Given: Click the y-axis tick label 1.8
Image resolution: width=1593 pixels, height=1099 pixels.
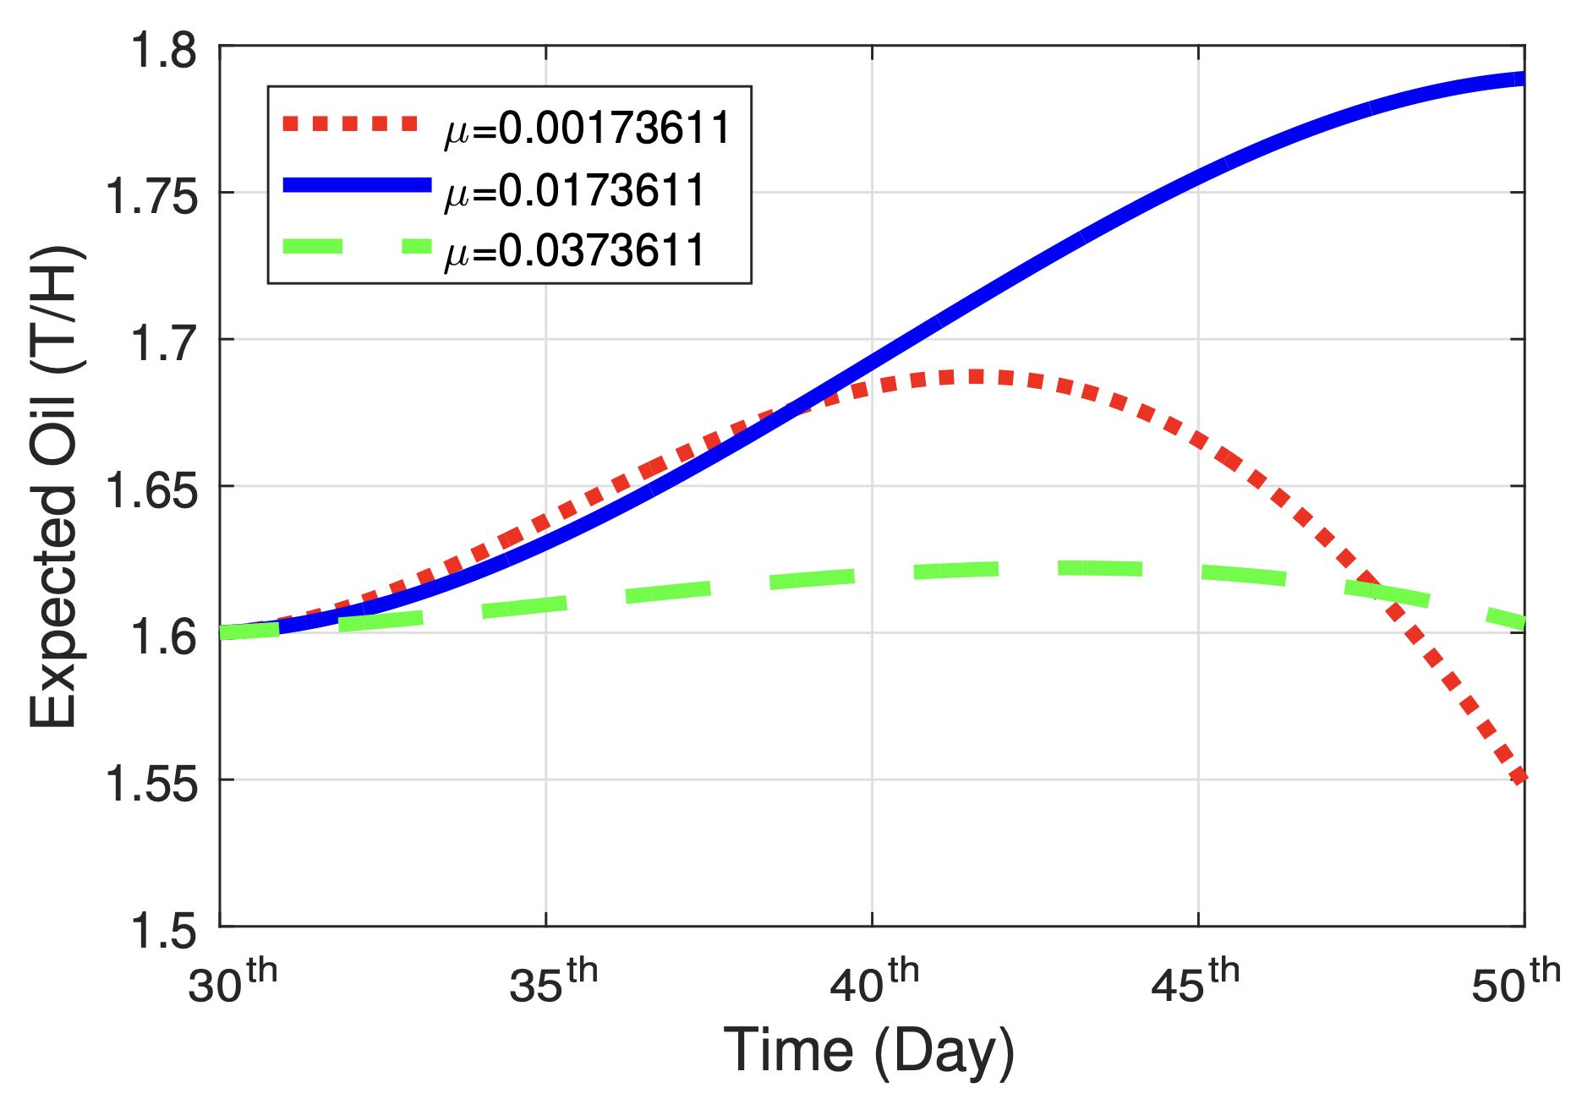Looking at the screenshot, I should pyautogui.click(x=162, y=51).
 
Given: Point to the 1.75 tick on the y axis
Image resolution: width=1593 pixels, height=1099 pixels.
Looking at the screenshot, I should pyautogui.click(x=151, y=197).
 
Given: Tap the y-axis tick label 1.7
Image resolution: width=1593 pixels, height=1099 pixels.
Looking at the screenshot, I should pyautogui.click(x=162, y=344).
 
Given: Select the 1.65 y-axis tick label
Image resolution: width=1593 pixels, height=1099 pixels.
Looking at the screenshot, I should pyautogui.click(x=151, y=490).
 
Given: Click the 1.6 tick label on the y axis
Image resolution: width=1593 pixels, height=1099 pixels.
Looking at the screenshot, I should pyautogui.click(x=162, y=637).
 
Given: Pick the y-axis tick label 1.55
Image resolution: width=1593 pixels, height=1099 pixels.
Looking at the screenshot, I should pyautogui.click(x=151, y=784).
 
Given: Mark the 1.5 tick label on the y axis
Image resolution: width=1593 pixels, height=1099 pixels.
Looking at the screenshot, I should pyautogui.click(x=162, y=931).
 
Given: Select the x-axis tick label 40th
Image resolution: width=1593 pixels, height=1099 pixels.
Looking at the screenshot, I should pyautogui.click(x=873, y=981).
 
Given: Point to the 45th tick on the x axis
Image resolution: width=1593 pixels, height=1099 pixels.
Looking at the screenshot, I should pyautogui.click(x=1195, y=981).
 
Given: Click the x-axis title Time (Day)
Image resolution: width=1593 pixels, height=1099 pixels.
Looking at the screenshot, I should pyautogui.click(x=869, y=1051).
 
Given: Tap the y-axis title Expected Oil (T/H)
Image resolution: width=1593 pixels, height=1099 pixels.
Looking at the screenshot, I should pyautogui.click(x=54, y=487).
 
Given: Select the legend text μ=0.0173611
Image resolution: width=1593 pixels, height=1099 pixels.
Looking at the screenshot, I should pyautogui.click(x=575, y=190).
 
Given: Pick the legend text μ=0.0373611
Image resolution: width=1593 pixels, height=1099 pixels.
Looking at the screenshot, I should pyautogui.click(x=575, y=251).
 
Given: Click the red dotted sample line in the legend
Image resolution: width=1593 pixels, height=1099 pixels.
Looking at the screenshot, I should pyautogui.click(x=350, y=124).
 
